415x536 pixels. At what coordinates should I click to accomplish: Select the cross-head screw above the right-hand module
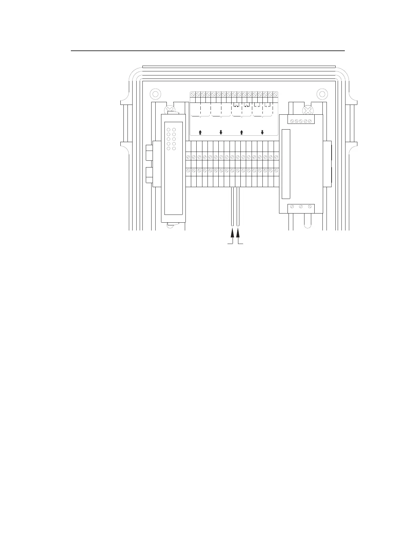[x=308, y=110]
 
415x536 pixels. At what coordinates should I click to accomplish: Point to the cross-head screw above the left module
[x=169, y=110]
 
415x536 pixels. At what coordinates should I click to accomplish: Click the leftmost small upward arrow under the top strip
[x=200, y=132]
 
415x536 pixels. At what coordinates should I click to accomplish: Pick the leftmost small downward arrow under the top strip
[x=221, y=132]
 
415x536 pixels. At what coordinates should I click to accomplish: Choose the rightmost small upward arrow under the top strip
[x=241, y=132]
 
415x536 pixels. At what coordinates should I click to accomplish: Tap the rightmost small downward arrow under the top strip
[x=262, y=132]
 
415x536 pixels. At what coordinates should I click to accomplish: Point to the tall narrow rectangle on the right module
[x=286, y=164]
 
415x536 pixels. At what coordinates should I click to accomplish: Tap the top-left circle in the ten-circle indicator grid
[x=169, y=130]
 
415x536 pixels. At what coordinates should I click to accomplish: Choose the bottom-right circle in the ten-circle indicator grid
[x=174, y=149]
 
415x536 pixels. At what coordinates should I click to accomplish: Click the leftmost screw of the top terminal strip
[x=192, y=94]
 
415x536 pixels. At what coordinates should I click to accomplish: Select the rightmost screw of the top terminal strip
[x=276, y=94]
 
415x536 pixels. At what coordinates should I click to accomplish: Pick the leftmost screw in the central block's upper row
[x=188, y=157]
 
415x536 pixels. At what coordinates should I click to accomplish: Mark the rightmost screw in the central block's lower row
[x=276, y=171]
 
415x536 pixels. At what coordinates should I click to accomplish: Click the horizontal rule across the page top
[x=207, y=51]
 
